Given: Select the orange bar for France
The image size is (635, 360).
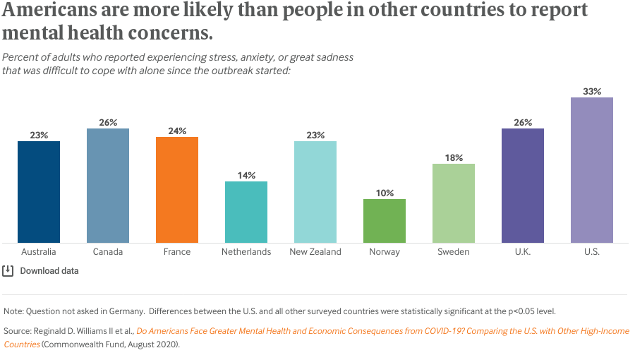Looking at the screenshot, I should (x=177, y=190).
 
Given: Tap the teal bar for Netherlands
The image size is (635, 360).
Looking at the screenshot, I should (x=246, y=212).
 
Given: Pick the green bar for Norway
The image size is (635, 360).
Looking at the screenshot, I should (x=385, y=221).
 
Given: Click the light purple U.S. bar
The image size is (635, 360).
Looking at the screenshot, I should (x=592, y=170).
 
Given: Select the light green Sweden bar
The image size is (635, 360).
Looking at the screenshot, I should (x=454, y=203).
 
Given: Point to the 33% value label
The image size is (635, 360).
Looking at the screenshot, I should (x=592, y=91).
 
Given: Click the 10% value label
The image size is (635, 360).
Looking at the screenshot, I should (x=385, y=193).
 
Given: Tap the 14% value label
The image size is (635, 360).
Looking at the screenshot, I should (x=246, y=175).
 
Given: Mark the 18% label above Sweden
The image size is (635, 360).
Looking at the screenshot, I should (x=454, y=157).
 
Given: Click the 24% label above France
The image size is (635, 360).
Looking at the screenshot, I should (x=177, y=131).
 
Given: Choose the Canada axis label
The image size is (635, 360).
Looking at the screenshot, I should (x=108, y=252).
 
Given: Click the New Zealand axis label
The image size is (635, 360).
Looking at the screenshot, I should (x=315, y=252).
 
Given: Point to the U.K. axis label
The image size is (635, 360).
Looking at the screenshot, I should (x=523, y=252).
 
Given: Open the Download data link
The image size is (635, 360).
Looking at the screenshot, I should (x=49, y=271).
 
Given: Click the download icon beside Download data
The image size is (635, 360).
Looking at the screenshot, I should (x=8, y=270).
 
